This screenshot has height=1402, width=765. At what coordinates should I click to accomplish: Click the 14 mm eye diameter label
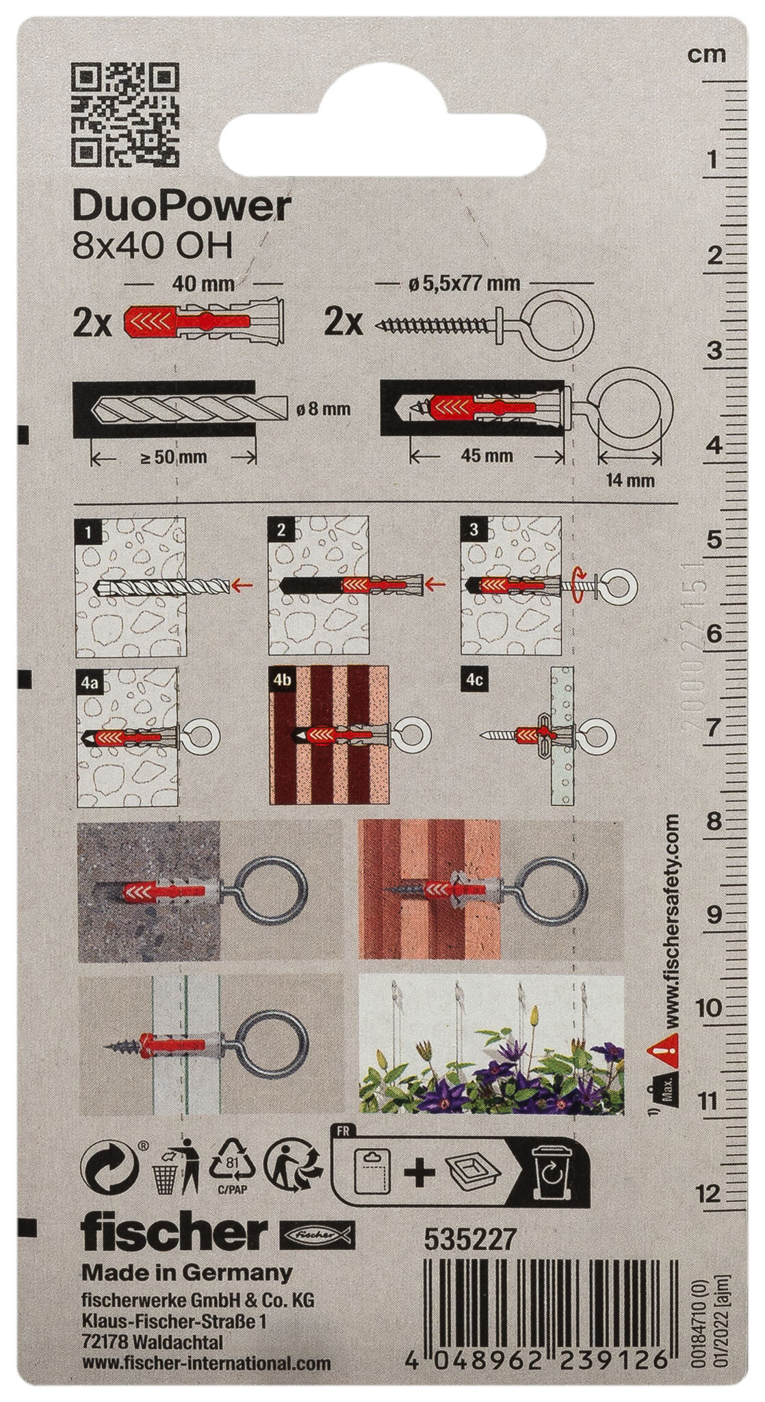click(x=630, y=480)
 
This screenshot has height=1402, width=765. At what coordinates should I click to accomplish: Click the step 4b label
click(x=281, y=681)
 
